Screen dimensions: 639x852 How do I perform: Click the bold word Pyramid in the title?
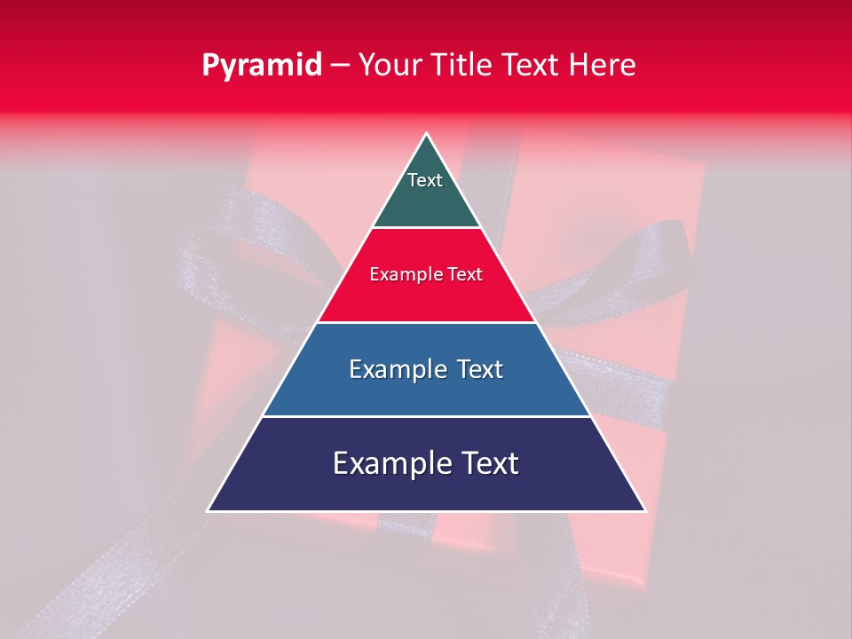(x=262, y=66)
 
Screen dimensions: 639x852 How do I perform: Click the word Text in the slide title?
(x=534, y=65)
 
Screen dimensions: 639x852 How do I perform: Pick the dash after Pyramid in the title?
(x=340, y=66)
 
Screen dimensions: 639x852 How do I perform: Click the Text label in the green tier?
(x=425, y=180)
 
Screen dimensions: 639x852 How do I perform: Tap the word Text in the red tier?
(x=465, y=275)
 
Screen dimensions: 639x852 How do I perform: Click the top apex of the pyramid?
(x=426, y=135)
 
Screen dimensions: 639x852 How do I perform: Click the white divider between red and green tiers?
(x=426, y=228)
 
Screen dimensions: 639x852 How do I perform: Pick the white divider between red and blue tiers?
(x=426, y=322)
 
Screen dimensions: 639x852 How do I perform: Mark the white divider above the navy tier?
(x=426, y=416)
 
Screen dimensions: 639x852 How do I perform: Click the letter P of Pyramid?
(x=210, y=66)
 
